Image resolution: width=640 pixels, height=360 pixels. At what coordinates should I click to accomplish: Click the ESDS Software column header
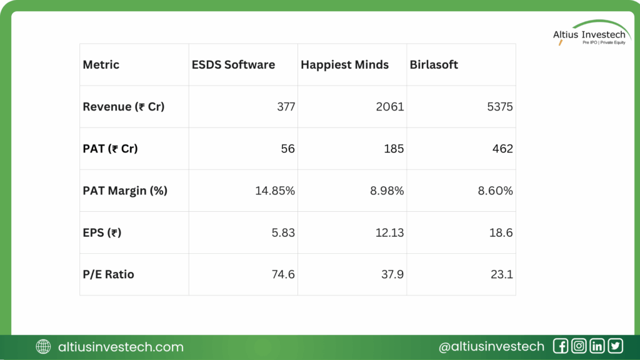[x=232, y=65]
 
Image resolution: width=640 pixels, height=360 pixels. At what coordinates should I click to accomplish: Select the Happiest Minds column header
[x=344, y=65]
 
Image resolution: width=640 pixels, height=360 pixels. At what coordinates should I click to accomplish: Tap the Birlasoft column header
[x=434, y=65]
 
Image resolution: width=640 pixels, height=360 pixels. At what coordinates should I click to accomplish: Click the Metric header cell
[x=101, y=65]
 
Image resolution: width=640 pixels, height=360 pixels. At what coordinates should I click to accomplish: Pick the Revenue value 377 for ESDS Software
[x=286, y=107]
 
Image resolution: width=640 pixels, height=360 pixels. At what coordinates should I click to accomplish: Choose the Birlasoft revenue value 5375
[x=500, y=107]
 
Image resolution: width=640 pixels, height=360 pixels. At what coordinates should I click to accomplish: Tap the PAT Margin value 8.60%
[x=496, y=191]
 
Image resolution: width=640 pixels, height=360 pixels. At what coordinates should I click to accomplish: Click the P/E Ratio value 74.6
[x=282, y=274]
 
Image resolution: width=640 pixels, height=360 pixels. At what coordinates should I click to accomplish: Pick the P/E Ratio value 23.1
[x=501, y=274]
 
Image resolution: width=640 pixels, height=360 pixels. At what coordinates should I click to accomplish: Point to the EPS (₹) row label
[x=102, y=232]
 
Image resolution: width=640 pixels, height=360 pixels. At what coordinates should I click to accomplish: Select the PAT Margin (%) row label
[x=125, y=191]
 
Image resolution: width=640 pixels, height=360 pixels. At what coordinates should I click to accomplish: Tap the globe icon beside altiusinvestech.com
[x=44, y=347]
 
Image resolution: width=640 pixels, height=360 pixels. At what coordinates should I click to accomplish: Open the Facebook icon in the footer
[x=560, y=346]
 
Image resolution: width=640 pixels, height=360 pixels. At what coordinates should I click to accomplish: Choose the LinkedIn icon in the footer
[x=597, y=346]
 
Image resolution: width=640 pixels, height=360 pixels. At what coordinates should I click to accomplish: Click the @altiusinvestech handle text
[x=491, y=347]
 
